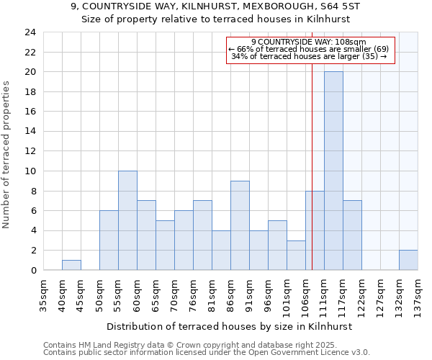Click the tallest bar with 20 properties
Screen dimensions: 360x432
tap(333, 171)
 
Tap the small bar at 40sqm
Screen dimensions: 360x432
tap(71, 265)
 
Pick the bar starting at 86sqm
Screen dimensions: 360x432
tap(240, 225)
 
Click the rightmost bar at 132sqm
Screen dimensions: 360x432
tap(408, 260)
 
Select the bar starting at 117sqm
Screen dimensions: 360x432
tap(352, 235)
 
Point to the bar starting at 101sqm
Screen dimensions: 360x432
tap(296, 255)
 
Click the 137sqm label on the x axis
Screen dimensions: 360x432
tap(418, 294)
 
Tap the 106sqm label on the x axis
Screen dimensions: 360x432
tap(305, 294)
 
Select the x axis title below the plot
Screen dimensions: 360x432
tap(230, 326)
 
